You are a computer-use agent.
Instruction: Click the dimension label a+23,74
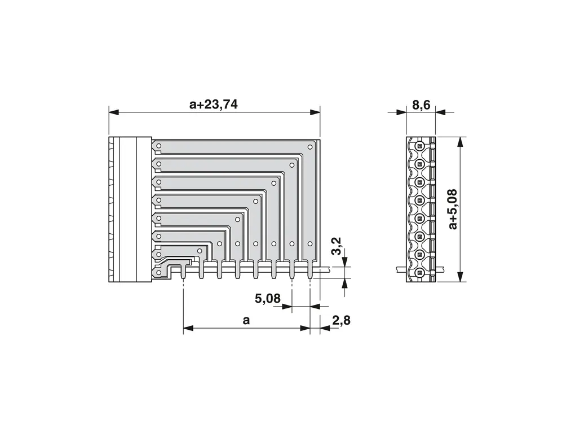click(x=214, y=104)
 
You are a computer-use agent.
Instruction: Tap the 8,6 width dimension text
click(x=421, y=104)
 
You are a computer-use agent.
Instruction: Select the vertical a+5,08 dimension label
click(x=453, y=210)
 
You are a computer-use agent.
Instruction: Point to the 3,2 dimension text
click(x=337, y=246)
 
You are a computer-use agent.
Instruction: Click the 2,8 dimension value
click(x=342, y=320)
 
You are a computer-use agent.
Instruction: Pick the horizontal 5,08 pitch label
click(x=268, y=298)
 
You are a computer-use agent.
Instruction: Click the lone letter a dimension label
click(x=246, y=320)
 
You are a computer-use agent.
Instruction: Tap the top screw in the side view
click(x=419, y=146)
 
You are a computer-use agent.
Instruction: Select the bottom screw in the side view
click(x=419, y=273)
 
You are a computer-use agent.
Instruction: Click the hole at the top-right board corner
click(x=310, y=147)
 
